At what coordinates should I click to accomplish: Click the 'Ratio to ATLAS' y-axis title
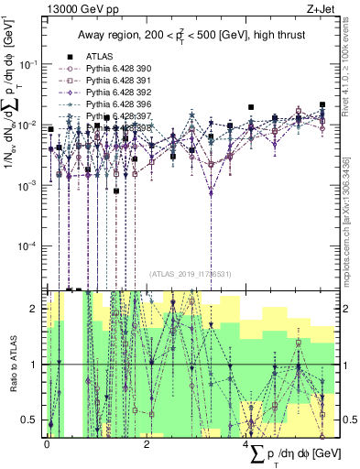11,363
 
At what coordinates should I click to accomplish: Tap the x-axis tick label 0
48,443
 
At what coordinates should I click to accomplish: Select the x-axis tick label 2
147,443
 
